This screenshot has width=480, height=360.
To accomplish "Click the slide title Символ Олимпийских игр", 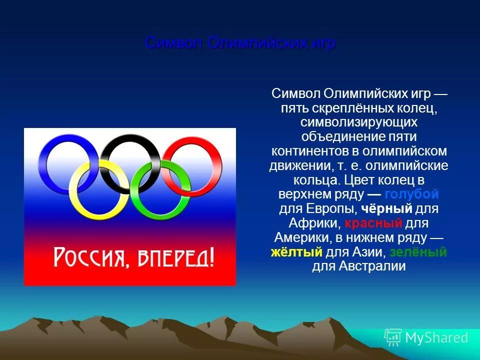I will click(x=240, y=43).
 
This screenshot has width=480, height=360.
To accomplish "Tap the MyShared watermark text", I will click(x=436, y=338).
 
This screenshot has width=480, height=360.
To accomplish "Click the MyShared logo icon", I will click(x=393, y=337).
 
